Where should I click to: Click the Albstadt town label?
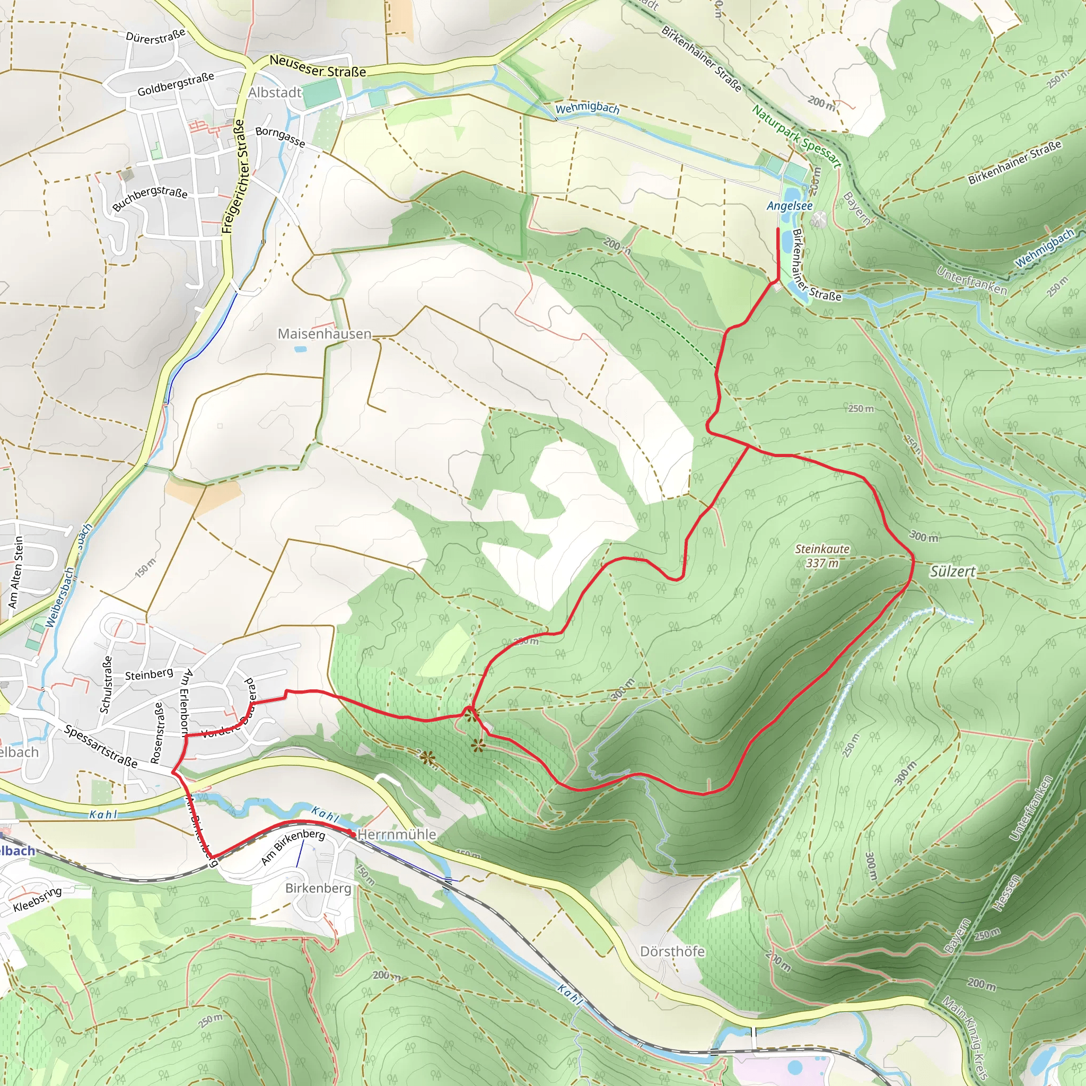pos(275,93)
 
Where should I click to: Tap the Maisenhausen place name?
pos(325,334)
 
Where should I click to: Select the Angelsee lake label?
pos(789,206)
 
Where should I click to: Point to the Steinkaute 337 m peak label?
pos(822,556)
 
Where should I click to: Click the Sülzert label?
pos(952,572)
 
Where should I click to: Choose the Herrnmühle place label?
pos(396,834)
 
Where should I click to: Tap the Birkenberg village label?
pos(318,888)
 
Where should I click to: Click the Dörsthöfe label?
pos(672,951)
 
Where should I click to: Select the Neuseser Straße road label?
pos(318,66)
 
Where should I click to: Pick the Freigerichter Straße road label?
pos(233,177)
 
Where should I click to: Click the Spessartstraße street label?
pos(101,747)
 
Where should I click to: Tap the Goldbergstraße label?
pos(176,84)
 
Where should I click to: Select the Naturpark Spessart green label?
pos(796,137)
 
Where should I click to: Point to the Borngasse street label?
pos(280,137)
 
